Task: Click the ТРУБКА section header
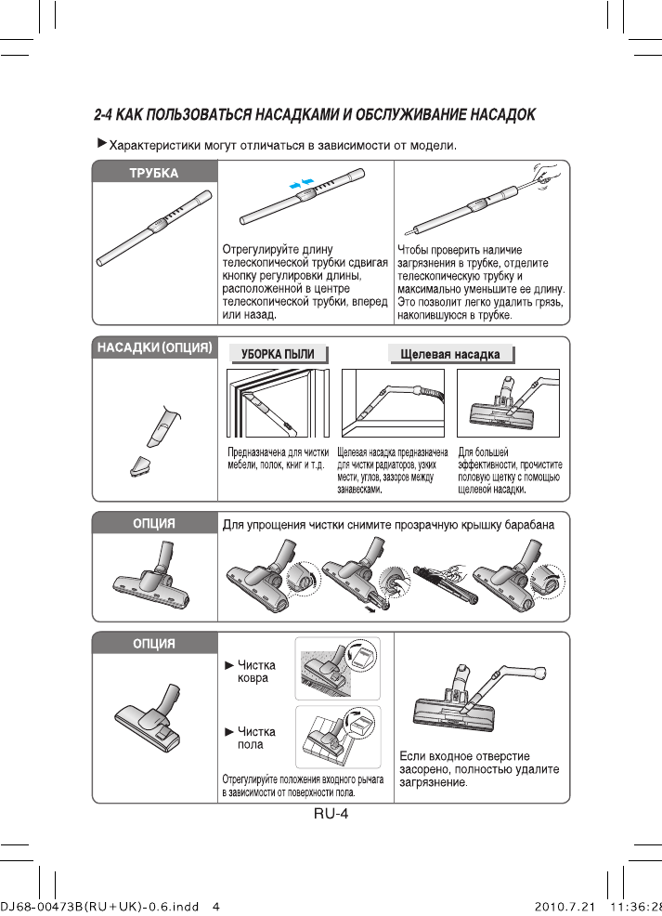154,172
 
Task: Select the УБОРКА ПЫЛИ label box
278,354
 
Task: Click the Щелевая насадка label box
449,355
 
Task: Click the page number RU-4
330,814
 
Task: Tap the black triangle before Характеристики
102,144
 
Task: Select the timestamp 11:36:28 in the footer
635,906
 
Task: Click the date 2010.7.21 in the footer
564,906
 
